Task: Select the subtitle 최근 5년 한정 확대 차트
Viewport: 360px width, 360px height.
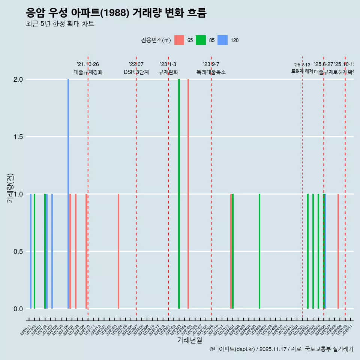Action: [x=60, y=24]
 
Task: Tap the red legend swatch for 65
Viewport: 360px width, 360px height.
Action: [x=179, y=40]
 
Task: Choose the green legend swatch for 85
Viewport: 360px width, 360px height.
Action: [x=201, y=40]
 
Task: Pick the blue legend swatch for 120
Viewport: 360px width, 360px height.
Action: [x=223, y=40]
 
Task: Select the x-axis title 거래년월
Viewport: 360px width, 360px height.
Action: [x=189, y=340]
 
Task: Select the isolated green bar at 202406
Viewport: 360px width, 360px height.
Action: [x=259, y=251]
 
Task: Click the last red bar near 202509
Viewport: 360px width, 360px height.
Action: [x=338, y=251]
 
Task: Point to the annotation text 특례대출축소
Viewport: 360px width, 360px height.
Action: [x=211, y=72]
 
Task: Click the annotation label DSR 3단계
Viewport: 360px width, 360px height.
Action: [x=136, y=72]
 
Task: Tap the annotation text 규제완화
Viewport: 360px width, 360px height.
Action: [x=168, y=72]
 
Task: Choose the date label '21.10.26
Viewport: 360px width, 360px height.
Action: [x=88, y=64]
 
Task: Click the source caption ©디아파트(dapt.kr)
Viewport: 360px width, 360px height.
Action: [x=232, y=349]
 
